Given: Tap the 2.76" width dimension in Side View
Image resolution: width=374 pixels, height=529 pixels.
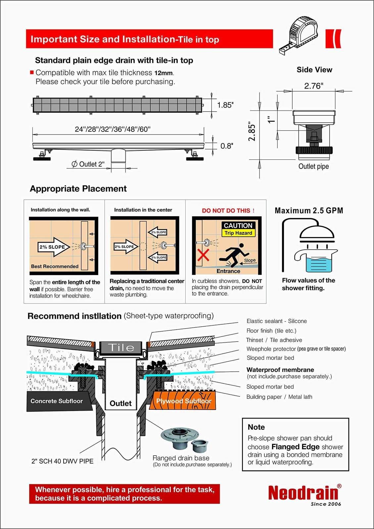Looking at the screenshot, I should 313,86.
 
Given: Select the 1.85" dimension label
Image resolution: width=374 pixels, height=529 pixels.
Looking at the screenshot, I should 225,105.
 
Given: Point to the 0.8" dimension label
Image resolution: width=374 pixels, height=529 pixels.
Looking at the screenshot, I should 227,146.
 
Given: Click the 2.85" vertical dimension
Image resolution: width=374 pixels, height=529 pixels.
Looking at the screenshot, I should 252,132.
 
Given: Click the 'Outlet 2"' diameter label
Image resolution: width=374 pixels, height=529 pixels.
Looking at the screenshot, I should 88,164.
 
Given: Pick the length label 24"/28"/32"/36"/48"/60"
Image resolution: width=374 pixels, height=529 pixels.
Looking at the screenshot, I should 113,129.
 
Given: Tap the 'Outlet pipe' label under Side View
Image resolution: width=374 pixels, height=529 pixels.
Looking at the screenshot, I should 313,166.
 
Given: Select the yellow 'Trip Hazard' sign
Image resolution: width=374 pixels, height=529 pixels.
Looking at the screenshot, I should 238,233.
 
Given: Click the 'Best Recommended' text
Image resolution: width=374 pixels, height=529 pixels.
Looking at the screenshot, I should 55,266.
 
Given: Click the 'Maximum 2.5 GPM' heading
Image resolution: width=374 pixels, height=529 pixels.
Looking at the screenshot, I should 309,211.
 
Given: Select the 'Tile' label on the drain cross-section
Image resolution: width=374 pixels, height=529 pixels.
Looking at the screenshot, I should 121,347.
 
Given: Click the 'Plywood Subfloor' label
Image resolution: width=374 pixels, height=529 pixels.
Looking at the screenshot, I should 184,401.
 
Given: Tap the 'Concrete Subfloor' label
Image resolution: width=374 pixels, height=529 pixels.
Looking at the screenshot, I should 57,401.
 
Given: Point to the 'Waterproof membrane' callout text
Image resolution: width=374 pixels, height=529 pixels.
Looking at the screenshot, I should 280,370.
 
